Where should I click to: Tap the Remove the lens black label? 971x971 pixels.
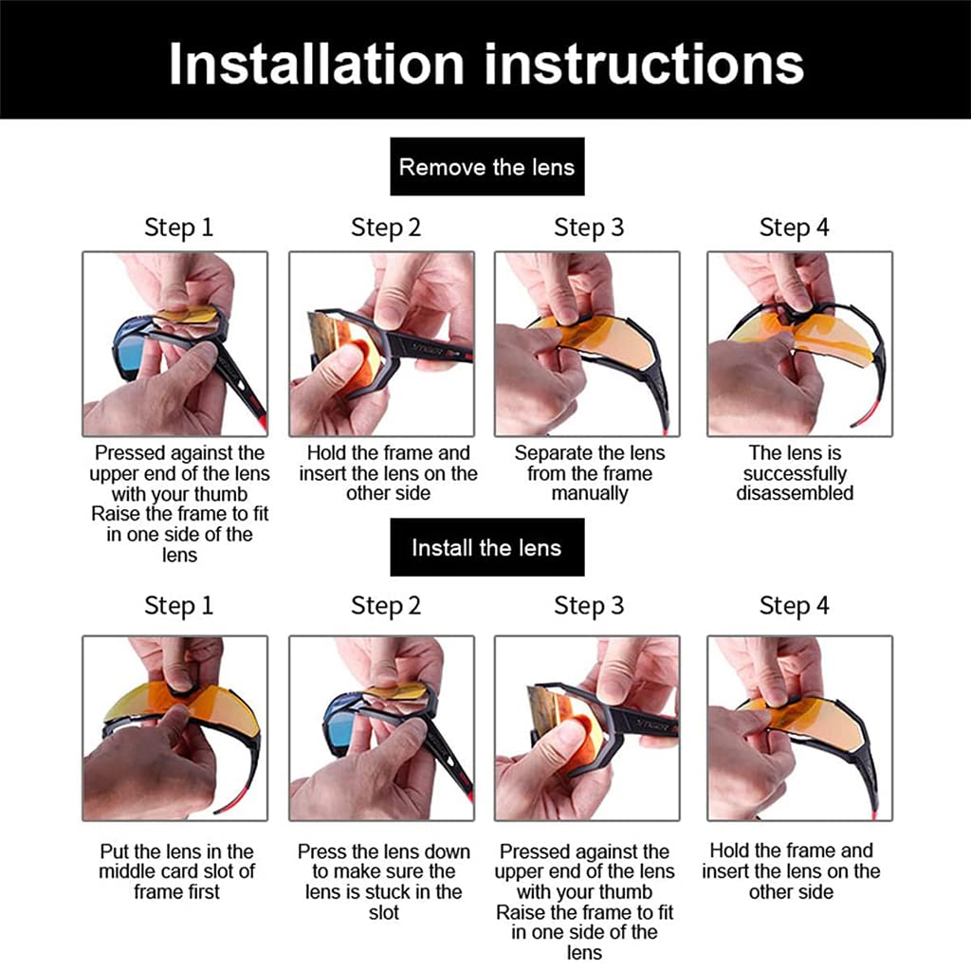[x=486, y=168]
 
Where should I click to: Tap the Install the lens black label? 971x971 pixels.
[x=486, y=547]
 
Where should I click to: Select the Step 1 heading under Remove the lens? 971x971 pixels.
[x=178, y=228]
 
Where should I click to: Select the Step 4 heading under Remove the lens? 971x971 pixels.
[x=794, y=228]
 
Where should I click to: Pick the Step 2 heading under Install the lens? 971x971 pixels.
[x=385, y=605]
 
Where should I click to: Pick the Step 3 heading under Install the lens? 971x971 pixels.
[x=589, y=605]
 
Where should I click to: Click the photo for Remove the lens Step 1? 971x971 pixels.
[x=175, y=343]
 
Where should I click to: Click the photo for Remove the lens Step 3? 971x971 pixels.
[x=587, y=343]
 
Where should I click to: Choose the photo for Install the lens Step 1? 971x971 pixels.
[x=175, y=727]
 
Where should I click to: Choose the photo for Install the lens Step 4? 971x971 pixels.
[x=799, y=727]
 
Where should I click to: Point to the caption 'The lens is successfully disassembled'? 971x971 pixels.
[x=795, y=473]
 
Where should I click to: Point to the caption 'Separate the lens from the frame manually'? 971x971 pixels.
[x=589, y=473]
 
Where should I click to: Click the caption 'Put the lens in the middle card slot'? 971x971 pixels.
[x=176, y=871]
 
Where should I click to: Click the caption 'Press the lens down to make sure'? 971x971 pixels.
[x=384, y=882]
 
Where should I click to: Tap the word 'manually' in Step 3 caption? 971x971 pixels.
[x=589, y=494]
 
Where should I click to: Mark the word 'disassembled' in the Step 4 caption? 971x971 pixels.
[x=795, y=493]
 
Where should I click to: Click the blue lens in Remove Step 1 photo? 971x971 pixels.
[x=130, y=353]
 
